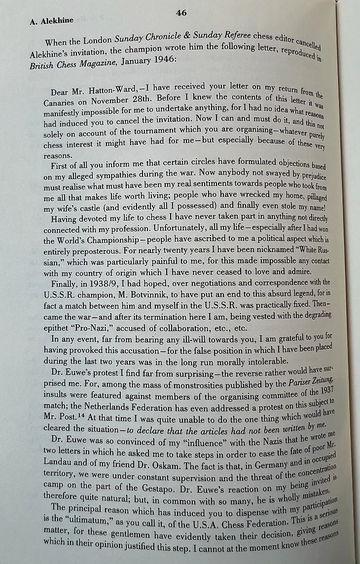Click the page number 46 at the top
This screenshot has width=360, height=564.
pos(181,13)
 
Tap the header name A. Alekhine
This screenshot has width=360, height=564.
pos(45,21)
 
